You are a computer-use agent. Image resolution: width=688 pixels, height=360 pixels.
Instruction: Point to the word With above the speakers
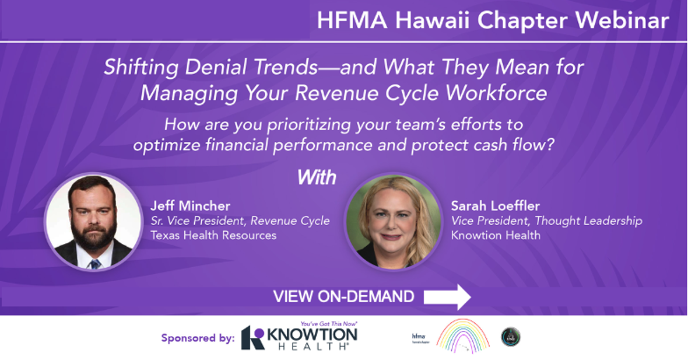pos(317,177)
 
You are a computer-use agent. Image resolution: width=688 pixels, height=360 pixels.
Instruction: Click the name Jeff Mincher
pos(190,206)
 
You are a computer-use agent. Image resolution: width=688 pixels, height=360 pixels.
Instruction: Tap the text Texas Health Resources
pos(213,235)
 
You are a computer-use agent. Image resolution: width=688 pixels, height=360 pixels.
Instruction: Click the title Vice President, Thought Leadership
pos(546,221)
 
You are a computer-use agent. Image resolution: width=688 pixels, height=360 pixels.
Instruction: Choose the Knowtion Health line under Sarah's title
pos(496,235)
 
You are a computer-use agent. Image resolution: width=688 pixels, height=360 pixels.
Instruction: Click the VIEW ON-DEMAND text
pos(343,296)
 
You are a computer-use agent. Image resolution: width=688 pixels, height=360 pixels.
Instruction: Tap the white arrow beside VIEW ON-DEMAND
pos(447,296)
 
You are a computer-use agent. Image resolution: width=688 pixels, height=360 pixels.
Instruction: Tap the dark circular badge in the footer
pos(511,337)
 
